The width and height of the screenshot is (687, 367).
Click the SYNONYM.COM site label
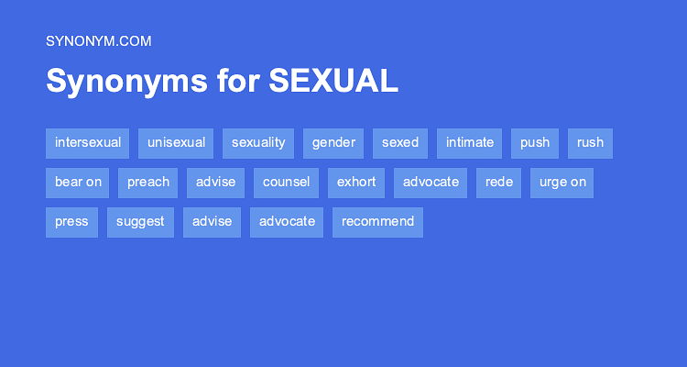pyautogui.click(x=98, y=40)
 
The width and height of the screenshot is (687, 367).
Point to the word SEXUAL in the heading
pyautogui.click(x=333, y=82)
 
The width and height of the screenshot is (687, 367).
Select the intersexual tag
pyautogui.click(x=88, y=143)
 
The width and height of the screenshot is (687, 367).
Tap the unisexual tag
pyautogui.click(x=176, y=143)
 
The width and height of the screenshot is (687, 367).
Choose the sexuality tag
pyautogui.click(x=258, y=143)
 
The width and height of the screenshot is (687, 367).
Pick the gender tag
pyautogui.click(x=333, y=143)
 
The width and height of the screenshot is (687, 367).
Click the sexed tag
pyautogui.click(x=400, y=143)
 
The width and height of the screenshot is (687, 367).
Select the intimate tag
pyautogui.click(x=470, y=143)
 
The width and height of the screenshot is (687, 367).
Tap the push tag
pyautogui.click(x=535, y=143)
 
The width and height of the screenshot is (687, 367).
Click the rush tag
pyautogui.click(x=591, y=143)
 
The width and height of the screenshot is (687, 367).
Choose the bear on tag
pyautogui.click(x=78, y=183)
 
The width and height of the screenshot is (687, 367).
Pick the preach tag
pyautogui.click(x=148, y=183)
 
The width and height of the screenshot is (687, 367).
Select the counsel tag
pyautogui.click(x=286, y=183)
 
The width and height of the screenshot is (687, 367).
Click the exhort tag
pyautogui.click(x=356, y=183)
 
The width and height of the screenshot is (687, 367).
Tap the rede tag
pyautogui.click(x=499, y=183)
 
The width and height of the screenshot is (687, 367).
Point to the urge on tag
pyautogui.click(x=562, y=183)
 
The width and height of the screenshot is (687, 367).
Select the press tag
pyautogui.click(x=71, y=222)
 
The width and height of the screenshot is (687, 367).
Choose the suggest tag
pyautogui.click(x=140, y=222)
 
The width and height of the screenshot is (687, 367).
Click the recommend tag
pyautogui.click(x=377, y=222)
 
